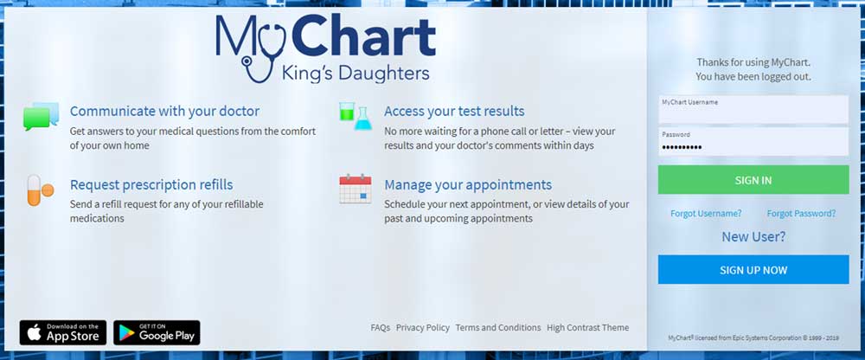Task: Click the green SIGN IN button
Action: pos(753,180)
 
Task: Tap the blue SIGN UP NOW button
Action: pos(753,269)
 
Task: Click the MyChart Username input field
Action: pos(753,109)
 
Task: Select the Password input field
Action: pos(753,142)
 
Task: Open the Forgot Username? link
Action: pos(706,213)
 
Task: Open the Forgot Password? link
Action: pos(801,213)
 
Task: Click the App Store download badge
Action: pos(63,332)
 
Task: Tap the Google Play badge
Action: pos(157,332)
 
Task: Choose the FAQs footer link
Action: pos(380,327)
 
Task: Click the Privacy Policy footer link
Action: pos(423,327)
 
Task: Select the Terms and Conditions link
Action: pos(498,327)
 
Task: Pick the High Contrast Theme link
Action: pos(587,327)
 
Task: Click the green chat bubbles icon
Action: pos(41,116)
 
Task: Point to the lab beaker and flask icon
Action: pos(356,115)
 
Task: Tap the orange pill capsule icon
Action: pos(40,190)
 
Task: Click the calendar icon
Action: pos(356,190)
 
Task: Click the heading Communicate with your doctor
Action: pos(164,111)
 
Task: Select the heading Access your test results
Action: pos(455,111)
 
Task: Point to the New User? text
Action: pos(753,237)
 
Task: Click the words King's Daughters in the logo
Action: pos(356,73)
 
